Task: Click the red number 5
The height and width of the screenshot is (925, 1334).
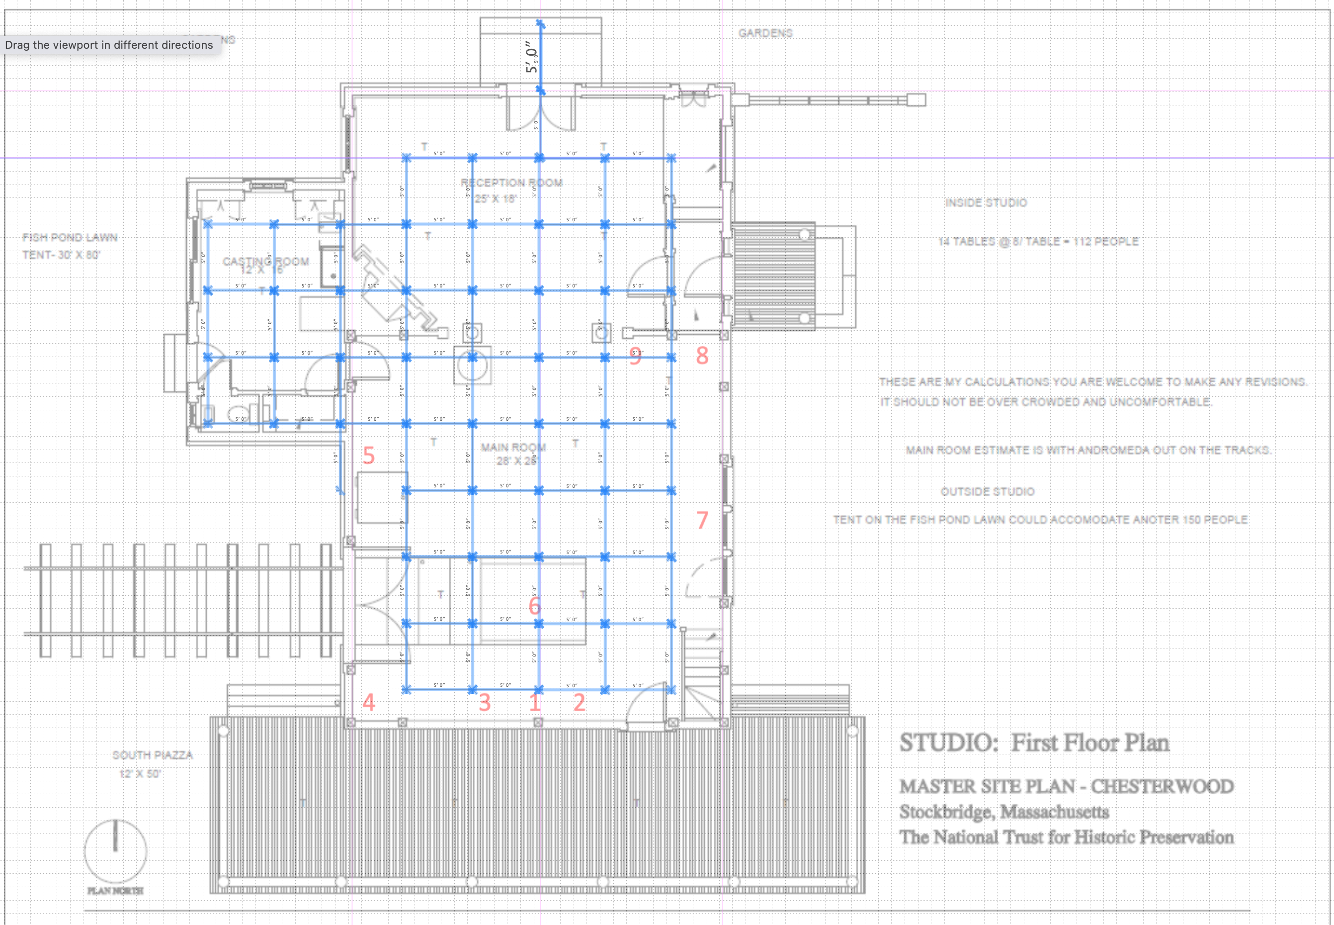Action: pyautogui.click(x=368, y=456)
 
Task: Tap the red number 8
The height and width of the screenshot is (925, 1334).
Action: pyautogui.click(x=702, y=356)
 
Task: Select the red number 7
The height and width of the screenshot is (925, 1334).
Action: pyautogui.click(x=702, y=520)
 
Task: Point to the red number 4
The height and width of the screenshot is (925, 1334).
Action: pyautogui.click(x=368, y=702)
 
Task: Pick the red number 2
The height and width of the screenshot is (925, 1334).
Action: pyautogui.click(x=579, y=702)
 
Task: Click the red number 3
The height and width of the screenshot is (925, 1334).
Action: pyautogui.click(x=485, y=702)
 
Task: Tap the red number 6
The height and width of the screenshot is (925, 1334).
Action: pyautogui.click(x=534, y=606)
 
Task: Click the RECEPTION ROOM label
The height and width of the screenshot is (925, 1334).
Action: pyautogui.click(x=511, y=183)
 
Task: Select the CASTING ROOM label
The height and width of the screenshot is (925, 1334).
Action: pyautogui.click(x=266, y=262)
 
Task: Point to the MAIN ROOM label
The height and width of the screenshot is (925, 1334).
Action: pyautogui.click(x=513, y=448)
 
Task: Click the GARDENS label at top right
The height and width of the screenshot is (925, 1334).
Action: pyautogui.click(x=765, y=33)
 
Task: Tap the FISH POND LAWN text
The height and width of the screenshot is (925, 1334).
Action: pyautogui.click(x=70, y=238)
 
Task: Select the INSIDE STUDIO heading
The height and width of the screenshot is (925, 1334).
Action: pyautogui.click(x=986, y=203)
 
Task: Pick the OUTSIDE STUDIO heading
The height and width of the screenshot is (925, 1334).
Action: pyautogui.click(x=987, y=491)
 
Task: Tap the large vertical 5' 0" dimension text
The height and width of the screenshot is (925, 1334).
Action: pyautogui.click(x=531, y=57)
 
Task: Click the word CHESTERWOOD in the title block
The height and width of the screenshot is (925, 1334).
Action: pyautogui.click(x=1162, y=786)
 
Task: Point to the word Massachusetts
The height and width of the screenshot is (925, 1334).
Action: pyautogui.click(x=1054, y=812)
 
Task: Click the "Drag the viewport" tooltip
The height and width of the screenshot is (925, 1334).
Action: pyautogui.click(x=109, y=45)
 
